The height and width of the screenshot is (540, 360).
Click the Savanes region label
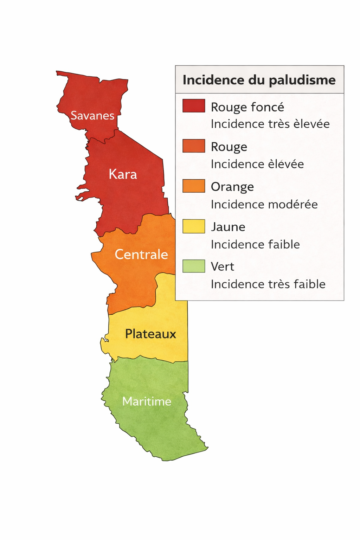(x=92, y=115)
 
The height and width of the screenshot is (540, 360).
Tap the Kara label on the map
(x=123, y=174)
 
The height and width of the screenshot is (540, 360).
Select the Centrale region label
(x=141, y=254)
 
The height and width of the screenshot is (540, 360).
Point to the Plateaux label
(x=150, y=334)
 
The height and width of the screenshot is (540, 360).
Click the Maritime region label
(x=147, y=401)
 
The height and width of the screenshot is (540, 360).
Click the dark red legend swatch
(x=194, y=106)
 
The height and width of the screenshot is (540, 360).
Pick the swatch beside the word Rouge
(x=194, y=146)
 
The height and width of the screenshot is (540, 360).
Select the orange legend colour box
(x=194, y=186)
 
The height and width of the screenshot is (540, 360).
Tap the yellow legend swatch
(x=194, y=226)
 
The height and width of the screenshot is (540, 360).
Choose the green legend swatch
(x=194, y=266)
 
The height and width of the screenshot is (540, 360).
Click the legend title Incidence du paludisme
(x=259, y=80)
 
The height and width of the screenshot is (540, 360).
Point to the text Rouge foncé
(x=247, y=107)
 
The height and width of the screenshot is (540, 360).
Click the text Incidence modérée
(x=264, y=204)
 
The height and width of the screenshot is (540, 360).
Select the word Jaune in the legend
(x=228, y=227)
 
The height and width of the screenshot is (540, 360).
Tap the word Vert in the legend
(x=222, y=266)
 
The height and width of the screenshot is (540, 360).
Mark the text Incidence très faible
(x=268, y=284)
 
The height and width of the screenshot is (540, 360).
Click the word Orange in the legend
(x=232, y=187)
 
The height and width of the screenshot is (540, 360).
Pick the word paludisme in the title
(x=302, y=80)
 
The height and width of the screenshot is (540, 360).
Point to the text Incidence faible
(x=255, y=244)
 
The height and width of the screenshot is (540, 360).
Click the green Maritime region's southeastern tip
(x=207, y=448)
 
